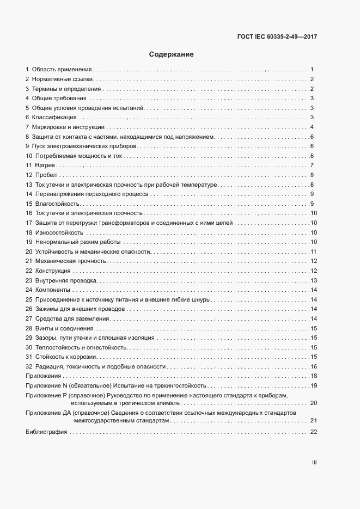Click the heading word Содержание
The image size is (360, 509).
point(172,54)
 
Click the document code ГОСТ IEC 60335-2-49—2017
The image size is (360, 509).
point(277,37)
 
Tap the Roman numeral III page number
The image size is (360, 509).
point(314,463)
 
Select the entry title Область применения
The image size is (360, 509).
point(62,70)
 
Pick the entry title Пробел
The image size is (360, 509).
point(46,175)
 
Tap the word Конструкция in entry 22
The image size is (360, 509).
point(53,271)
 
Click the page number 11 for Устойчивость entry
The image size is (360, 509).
point(314,252)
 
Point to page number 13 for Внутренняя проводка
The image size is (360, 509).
point(314,280)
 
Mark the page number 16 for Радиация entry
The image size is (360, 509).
point(314,366)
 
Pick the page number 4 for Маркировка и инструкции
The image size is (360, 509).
point(312,127)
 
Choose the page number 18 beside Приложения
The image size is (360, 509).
point(314,376)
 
